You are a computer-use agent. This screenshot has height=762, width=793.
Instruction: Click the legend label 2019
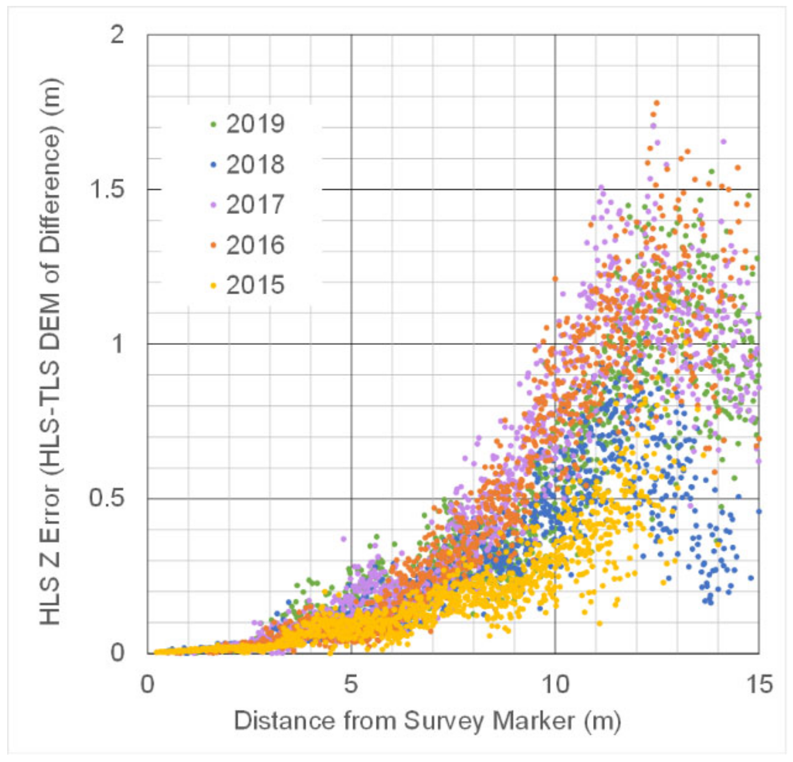[x=255, y=124]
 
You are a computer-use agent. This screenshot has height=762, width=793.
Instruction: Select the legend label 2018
[x=255, y=164]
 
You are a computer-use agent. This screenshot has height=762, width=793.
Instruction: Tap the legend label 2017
[x=255, y=205]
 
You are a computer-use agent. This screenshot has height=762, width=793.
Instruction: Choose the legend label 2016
[x=255, y=245]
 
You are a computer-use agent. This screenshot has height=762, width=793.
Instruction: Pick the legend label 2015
[x=255, y=285]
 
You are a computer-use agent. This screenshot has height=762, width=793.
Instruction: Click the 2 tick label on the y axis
[x=117, y=35]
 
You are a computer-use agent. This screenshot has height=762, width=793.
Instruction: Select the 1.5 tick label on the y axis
[x=107, y=189]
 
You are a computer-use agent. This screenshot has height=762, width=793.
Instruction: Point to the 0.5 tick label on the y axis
[x=107, y=498]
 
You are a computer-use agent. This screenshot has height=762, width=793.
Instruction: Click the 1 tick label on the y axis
[x=117, y=344]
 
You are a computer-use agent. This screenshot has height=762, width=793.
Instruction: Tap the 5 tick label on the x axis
[x=351, y=684]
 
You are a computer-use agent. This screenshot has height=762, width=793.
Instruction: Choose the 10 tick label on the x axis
[x=555, y=684]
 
